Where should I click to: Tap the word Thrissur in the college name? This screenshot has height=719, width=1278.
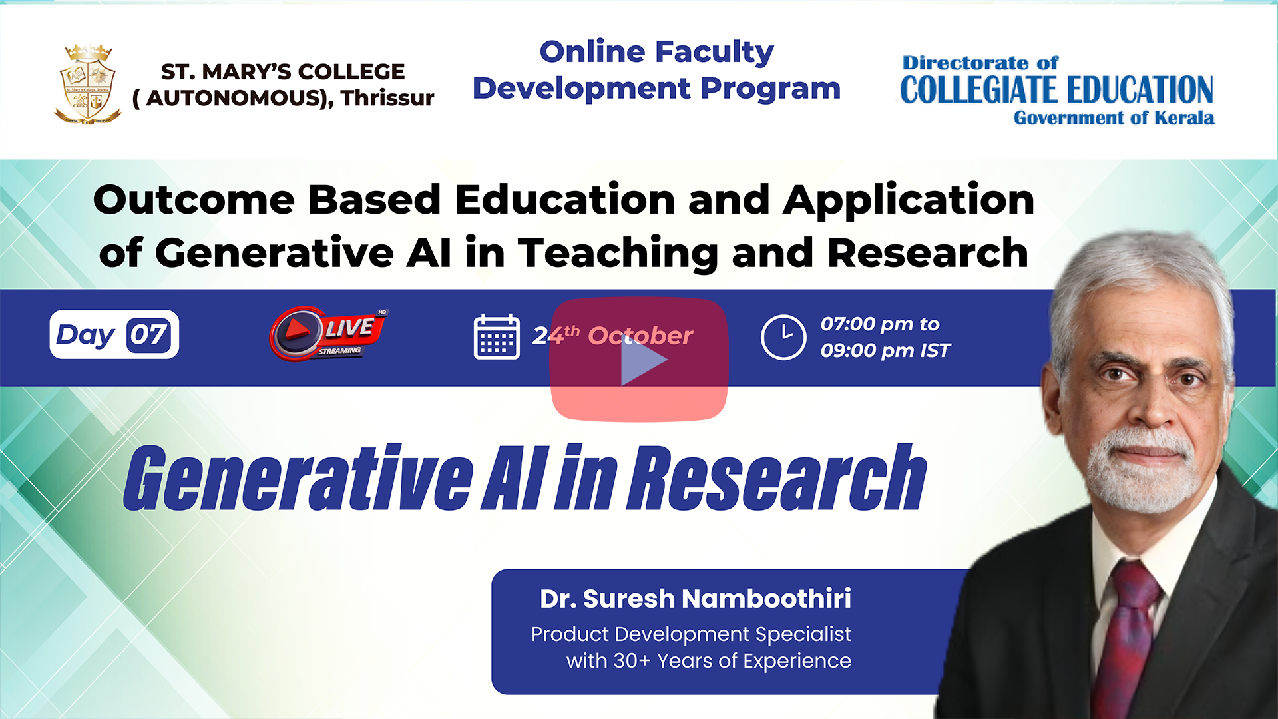click(x=387, y=98)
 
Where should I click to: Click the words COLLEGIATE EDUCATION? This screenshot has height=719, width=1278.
click(x=1057, y=90)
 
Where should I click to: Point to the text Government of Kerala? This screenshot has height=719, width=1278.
click(x=1114, y=118)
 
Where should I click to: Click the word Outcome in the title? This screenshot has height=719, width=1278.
click(x=194, y=200)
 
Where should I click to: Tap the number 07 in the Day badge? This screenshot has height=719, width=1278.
click(x=148, y=334)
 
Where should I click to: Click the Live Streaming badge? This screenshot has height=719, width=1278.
click(x=328, y=334)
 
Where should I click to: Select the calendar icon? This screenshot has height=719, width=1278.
click(x=497, y=336)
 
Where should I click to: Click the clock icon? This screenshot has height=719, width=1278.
click(x=783, y=337)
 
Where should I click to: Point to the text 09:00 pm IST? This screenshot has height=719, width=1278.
click(x=885, y=350)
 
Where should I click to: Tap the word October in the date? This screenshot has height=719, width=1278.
click(x=640, y=336)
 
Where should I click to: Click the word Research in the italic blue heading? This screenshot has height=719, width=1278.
click(x=777, y=477)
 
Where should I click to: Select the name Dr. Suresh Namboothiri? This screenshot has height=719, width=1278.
click(x=696, y=599)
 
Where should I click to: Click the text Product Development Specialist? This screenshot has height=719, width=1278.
click(x=691, y=634)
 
